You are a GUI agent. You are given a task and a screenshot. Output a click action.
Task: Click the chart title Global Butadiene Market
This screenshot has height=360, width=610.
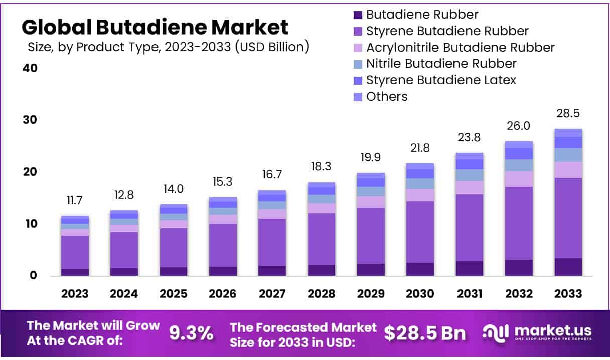[x=155, y=27]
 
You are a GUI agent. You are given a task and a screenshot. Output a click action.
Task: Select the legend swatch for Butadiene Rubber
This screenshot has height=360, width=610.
[x=357, y=15]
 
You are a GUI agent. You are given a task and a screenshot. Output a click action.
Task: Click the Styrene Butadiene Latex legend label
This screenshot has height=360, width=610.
[x=440, y=80]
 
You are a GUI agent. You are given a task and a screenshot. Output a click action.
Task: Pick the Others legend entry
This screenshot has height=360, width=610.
[x=386, y=97]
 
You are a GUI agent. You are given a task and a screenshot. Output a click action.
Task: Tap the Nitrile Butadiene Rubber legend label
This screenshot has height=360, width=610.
[x=441, y=64]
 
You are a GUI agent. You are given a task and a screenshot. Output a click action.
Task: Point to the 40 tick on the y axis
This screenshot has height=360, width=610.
[x=30, y=68]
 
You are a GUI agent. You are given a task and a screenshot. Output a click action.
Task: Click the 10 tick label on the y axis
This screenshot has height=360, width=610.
[x=30, y=224]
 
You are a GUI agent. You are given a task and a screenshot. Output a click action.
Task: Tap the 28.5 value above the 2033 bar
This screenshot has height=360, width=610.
[x=568, y=114]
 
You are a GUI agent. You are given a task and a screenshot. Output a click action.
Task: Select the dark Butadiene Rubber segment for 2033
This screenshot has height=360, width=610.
[x=568, y=267]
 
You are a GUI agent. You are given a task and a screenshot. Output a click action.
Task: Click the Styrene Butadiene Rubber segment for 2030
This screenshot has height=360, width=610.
[x=420, y=232]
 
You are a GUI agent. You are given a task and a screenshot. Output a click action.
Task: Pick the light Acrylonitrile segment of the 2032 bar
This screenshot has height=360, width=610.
[x=519, y=179]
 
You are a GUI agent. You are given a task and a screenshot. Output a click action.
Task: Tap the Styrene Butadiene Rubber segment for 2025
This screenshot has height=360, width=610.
[x=173, y=248]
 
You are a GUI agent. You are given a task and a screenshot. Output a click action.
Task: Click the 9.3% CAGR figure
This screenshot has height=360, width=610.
[x=191, y=333]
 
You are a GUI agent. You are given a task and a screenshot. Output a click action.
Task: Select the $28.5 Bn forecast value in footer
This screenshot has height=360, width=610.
[x=424, y=333]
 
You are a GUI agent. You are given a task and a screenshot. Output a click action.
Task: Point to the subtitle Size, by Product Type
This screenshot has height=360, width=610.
[x=168, y=48]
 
